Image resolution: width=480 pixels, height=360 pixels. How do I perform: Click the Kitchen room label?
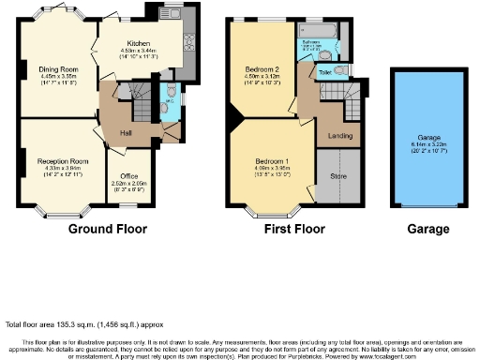tap(139, 43)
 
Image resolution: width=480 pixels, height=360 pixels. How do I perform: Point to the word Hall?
tap(125, 132)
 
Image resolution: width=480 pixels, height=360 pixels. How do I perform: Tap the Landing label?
tap(339, 135)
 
